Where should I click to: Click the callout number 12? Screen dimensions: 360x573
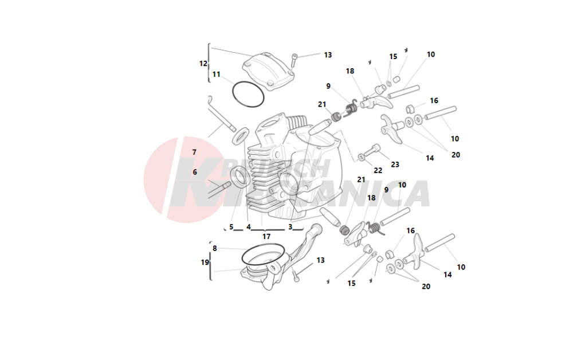(203, 64)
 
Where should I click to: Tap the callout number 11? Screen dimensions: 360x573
(216, 75)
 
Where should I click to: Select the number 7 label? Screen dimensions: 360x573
(194, 152)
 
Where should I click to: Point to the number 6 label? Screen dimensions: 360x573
(195, 172)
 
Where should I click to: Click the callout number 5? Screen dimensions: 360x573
(231, 227)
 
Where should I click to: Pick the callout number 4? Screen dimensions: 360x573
(249, 227)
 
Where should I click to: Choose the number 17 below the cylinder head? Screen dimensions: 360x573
(266, 236)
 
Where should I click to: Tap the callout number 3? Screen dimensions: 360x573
(291, 227)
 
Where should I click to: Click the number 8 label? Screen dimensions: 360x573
(214, 248)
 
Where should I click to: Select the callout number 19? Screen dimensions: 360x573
(205, 263)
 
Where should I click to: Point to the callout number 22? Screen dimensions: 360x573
(378, 170)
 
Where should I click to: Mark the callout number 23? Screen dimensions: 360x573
(395, 165)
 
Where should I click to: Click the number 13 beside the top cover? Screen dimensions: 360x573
(328, 55)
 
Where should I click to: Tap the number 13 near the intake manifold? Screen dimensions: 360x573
(320, 260)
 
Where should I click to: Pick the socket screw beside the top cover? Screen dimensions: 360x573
(294, 60)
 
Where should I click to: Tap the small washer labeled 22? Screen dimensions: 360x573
(362, 156)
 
